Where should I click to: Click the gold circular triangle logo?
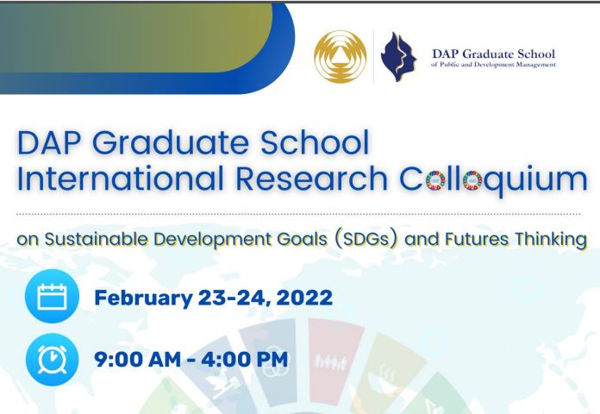pyautogui.click(x=341, y=57)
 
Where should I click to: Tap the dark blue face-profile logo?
pyautogui.click(x=398, y=57)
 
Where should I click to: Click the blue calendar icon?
pyautogui.click(x=52, y=296)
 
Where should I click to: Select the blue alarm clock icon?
pyautogui.click(x=52, y=360)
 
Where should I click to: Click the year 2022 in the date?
pyautogui.click(x=304, y=298)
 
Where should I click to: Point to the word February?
pyautogui.click(x=143, y=298)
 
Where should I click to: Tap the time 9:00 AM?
pyautogui.click(x=137, y=360)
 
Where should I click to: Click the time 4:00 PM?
pyautogui.click(x=244, y=360)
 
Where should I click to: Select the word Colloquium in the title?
pyautogui.click(x=493, y=179)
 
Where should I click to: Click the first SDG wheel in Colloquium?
pyautogui.click(x=435, y=180)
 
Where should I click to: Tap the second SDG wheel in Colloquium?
pyautogui.click(x=472, y=180)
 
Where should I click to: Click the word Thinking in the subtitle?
pyautogui.click(x=551, y=240)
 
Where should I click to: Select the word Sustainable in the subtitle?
pyautogui.click(x=96, y=240)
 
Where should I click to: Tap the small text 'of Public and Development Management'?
pyautogui.click(x=494, y=65)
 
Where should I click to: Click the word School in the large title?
pyautogui.click(x=315, y=142)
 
